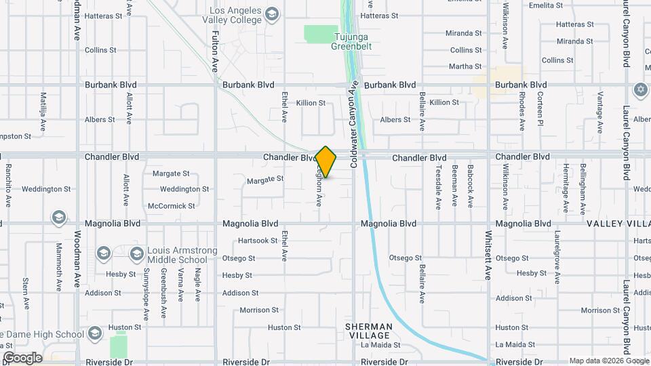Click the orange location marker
(x=326, y=162)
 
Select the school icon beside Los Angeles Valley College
(x=271, y=14)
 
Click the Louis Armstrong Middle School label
(x=177, y=255)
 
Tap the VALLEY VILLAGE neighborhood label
(x=618, y=224)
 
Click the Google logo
(x=22, y=358)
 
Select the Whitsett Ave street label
(x=488, y=255)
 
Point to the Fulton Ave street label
(x=215, y=51)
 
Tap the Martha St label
(x=465, y=66)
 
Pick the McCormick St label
(x=171, y=206)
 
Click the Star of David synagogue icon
(x=640, y=89)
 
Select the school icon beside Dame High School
(x=94, y=333)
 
